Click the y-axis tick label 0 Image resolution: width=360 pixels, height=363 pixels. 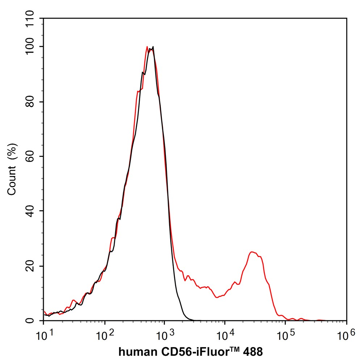[33, 321]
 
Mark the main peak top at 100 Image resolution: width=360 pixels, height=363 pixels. [153, 47]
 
